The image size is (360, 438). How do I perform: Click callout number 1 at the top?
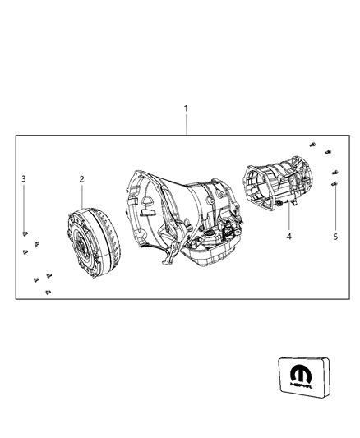[x=186, y=108]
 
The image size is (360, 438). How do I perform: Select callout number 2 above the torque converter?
[x=81, y=178]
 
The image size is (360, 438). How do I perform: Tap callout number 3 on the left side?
[x=24, y=178]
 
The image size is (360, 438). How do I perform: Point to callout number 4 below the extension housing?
[x=288, y=237]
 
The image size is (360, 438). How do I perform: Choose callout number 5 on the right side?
[x=335, y=237]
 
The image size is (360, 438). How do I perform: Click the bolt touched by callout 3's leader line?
[x=25, y=233]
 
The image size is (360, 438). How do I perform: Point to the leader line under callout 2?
[x=81, y=196]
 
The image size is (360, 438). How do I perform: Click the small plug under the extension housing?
[x=280, y=203]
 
